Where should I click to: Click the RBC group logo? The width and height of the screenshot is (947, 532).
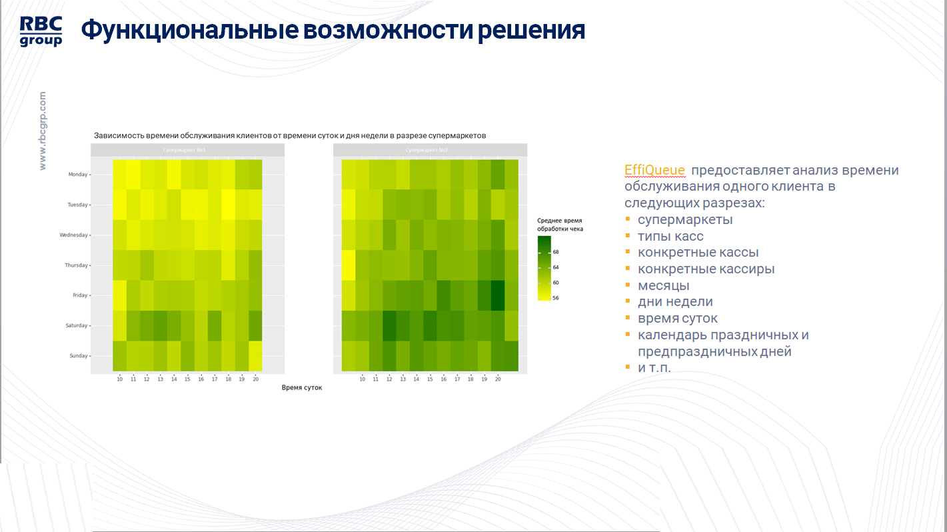41,31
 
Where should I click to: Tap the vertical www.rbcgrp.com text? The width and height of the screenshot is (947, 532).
43,131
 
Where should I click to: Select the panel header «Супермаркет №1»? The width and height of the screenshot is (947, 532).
187,150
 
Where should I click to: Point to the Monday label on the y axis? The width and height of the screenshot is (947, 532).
78,175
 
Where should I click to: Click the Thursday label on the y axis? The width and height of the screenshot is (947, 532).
77,265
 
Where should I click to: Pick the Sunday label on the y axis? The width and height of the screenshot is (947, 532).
78,356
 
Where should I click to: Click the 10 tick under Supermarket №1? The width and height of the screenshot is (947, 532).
120,379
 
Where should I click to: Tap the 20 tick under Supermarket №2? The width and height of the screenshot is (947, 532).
498,379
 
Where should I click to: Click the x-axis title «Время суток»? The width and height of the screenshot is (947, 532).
302,387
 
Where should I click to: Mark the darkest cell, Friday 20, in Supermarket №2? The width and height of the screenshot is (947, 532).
498,295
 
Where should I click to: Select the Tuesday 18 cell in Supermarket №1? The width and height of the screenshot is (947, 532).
228,205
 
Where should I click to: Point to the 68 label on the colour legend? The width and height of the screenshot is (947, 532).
556,252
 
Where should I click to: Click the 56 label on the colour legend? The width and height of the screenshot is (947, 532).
556,298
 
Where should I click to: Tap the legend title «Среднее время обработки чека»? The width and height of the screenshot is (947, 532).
560,224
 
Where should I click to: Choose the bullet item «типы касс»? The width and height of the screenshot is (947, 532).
670,236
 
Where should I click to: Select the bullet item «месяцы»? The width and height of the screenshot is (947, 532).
663,285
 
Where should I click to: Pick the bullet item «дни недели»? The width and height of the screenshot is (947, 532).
675,302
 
